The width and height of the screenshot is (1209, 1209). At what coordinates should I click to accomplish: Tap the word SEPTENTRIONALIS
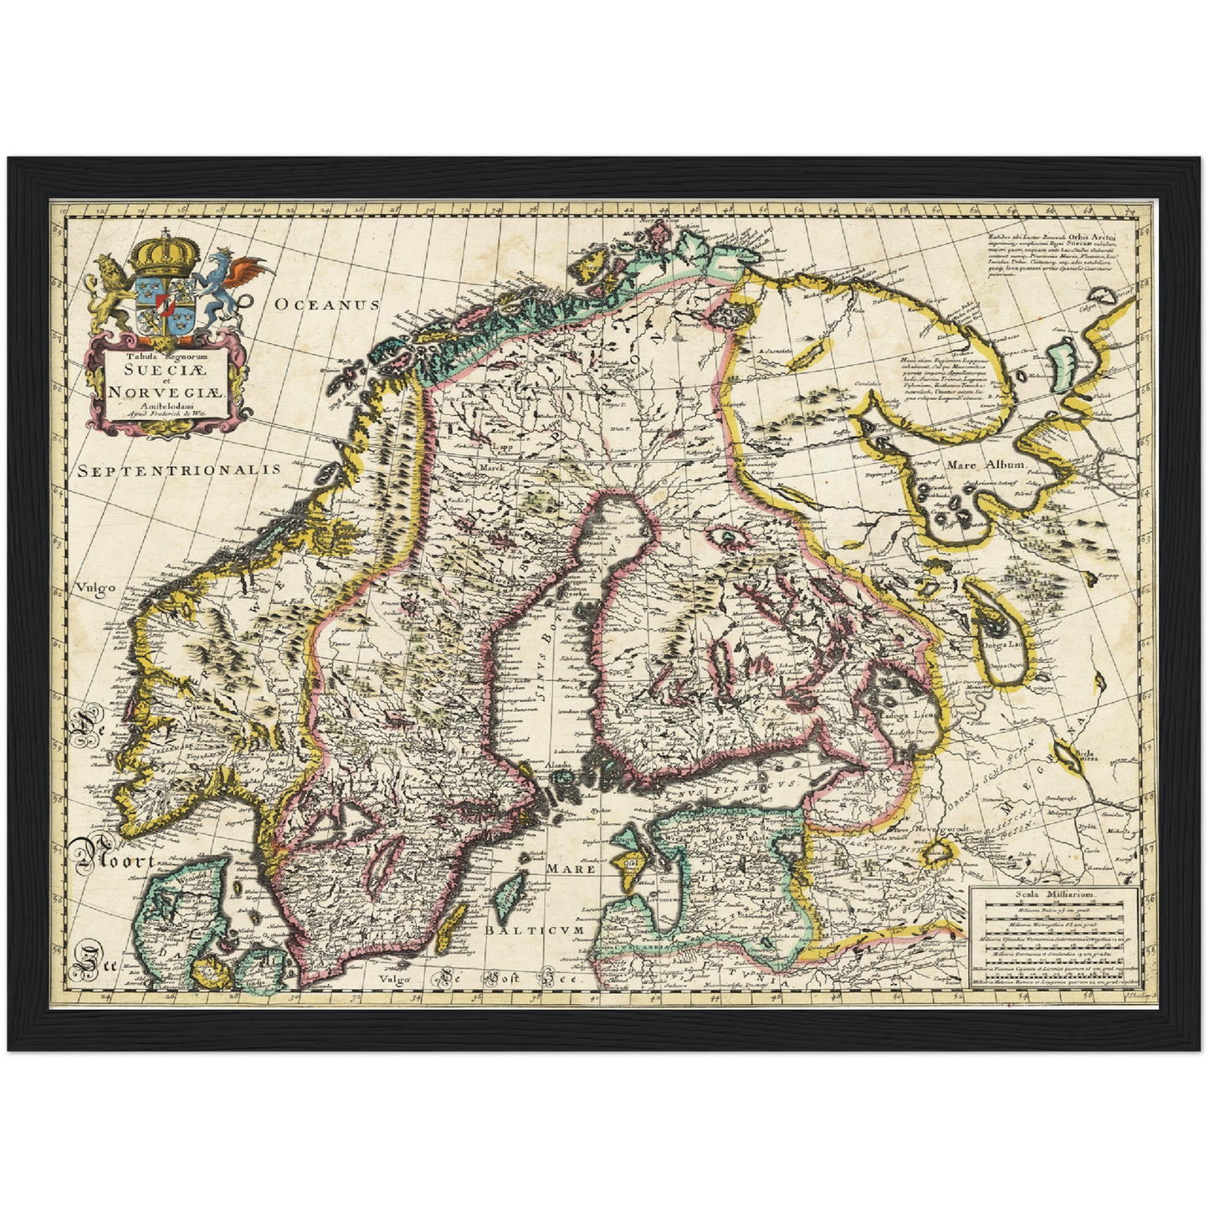(x=179, y=470)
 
